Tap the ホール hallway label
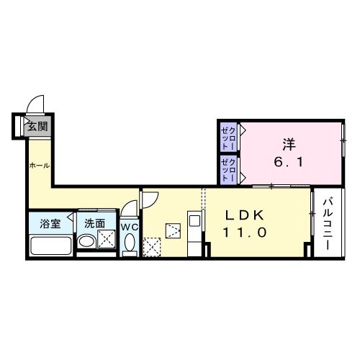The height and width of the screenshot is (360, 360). [39, 166]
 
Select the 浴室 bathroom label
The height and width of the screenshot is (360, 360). [50, 223]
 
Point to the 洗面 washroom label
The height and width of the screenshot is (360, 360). [95, 223]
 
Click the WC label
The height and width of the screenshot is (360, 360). [130, 226]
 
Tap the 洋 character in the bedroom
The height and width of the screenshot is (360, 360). [288, 144]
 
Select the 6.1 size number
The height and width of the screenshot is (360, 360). [288, 163]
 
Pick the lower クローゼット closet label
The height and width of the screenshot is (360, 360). [230, 170]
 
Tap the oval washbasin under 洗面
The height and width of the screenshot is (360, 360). [86, 242]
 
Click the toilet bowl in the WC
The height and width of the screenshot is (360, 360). [130, 245]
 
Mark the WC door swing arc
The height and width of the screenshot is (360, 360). [128, 209]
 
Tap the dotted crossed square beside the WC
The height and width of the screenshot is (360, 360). [152, 247]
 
